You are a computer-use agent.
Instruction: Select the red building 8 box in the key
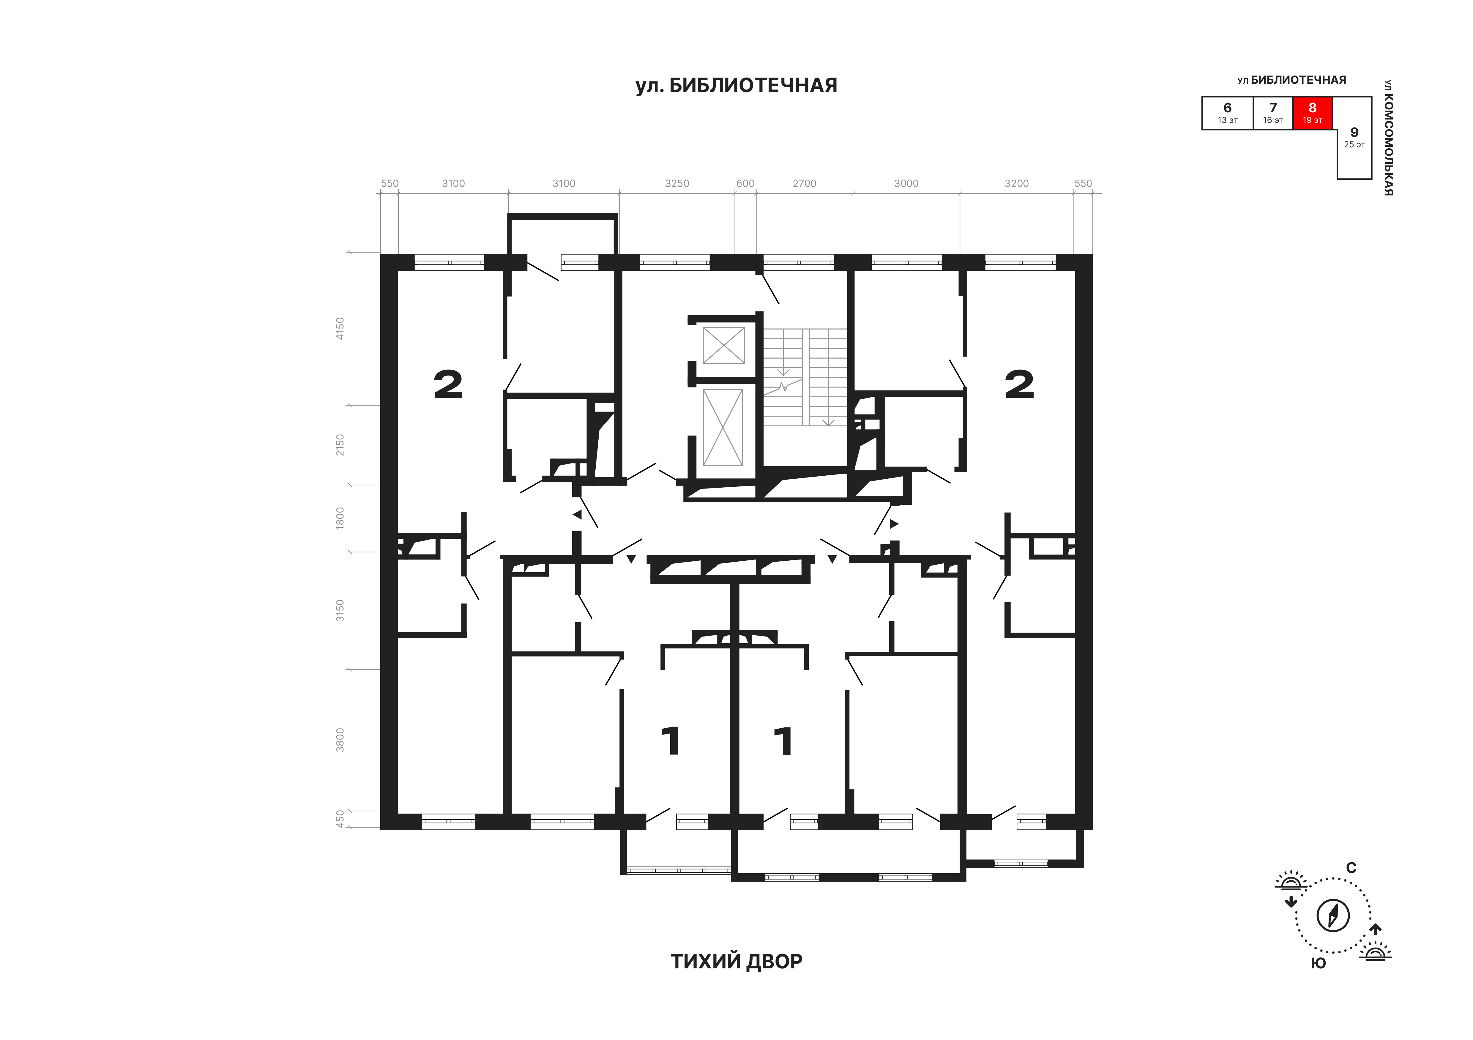(1313, 113)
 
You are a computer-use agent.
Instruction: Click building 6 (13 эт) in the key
(1227, 113)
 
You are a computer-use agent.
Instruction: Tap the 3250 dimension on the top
(677, 184)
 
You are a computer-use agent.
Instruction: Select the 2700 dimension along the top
(805, 184)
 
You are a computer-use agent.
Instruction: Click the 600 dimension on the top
(745, 184)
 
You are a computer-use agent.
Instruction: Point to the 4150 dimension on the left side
(340, 328)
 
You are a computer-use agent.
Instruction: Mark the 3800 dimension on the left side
(340, 740)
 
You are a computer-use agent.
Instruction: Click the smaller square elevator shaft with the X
(724, 345)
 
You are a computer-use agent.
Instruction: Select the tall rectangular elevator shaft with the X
(723, 427)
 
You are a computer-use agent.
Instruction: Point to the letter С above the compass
(1351, 868)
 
